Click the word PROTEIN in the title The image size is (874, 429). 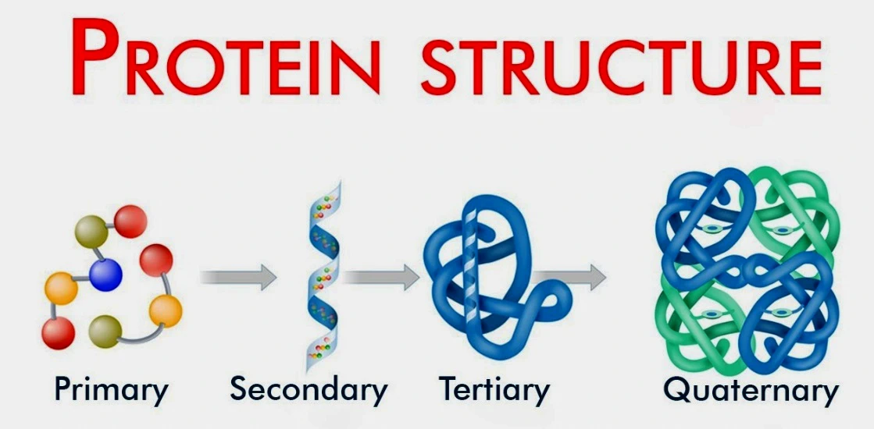(x=227, y=58)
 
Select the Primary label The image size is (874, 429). (x=111, y=391)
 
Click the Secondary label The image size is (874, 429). (x=309, y=389)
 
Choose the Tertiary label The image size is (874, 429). (x=494, y=390)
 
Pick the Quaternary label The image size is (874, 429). (x=751, y=390)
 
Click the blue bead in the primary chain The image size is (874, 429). (x=105, y=275)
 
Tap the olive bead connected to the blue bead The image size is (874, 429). (x=91, y=232)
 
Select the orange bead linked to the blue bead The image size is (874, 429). (x=61, y=289)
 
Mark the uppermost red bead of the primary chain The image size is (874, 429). (x=131, y=222)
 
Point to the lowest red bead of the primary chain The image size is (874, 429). (x=58, y=333)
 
